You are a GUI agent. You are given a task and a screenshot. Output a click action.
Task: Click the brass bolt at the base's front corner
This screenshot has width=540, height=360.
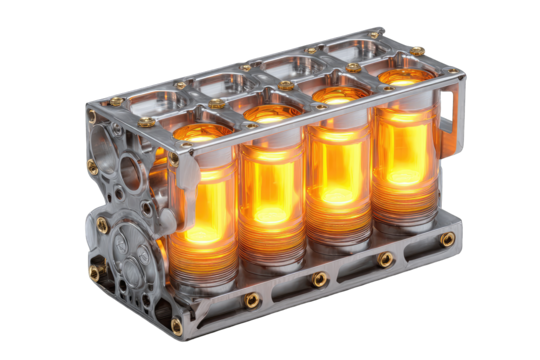[177, 324]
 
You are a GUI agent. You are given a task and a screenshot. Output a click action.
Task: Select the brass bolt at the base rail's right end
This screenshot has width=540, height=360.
[447, 239]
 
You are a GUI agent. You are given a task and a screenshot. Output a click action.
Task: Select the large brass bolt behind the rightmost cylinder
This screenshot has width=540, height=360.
[417, 50]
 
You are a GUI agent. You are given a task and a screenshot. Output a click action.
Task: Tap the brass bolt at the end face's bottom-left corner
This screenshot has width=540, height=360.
[94, 272]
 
